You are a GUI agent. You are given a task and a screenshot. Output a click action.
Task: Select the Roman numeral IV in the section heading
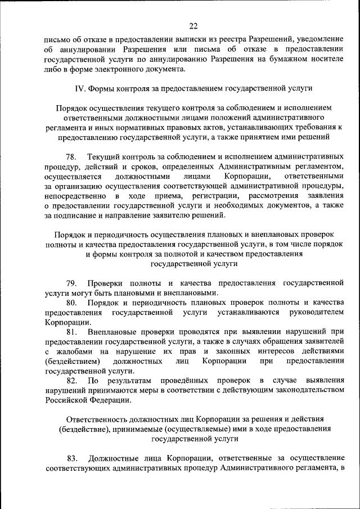pos(80,88)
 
